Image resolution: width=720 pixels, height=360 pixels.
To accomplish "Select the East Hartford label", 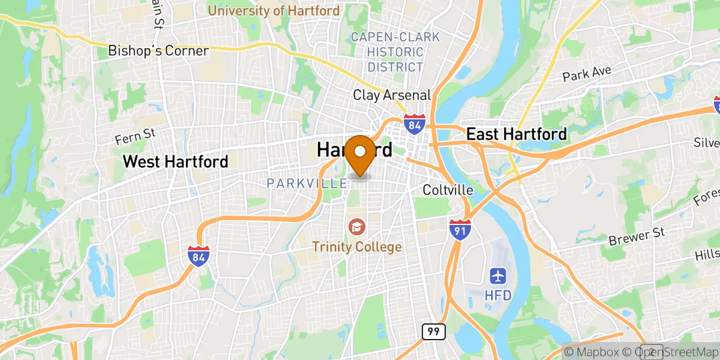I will click(516, 134).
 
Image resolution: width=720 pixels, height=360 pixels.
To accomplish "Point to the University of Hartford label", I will click(274, 11).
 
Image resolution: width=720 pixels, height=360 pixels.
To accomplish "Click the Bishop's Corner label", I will click(158, 51).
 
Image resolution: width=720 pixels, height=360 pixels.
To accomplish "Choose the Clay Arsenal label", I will click(392, 95).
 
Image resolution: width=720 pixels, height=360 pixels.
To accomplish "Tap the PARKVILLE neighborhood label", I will click(307, 182).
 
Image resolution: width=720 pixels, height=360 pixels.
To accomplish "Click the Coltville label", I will click(448, 190).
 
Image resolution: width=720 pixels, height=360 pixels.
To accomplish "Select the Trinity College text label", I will click(356, 247).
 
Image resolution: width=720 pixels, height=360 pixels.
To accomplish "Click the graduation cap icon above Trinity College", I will click(356, 227).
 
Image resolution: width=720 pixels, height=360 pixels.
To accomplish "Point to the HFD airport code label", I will click(498, 296).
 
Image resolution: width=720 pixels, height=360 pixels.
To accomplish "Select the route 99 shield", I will click(432, 332).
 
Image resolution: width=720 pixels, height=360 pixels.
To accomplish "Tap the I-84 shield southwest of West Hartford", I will click(198, 256).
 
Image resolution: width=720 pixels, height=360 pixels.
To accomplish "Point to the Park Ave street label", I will click(586, 74).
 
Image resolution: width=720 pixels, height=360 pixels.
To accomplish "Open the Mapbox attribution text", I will click(593, 351).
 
